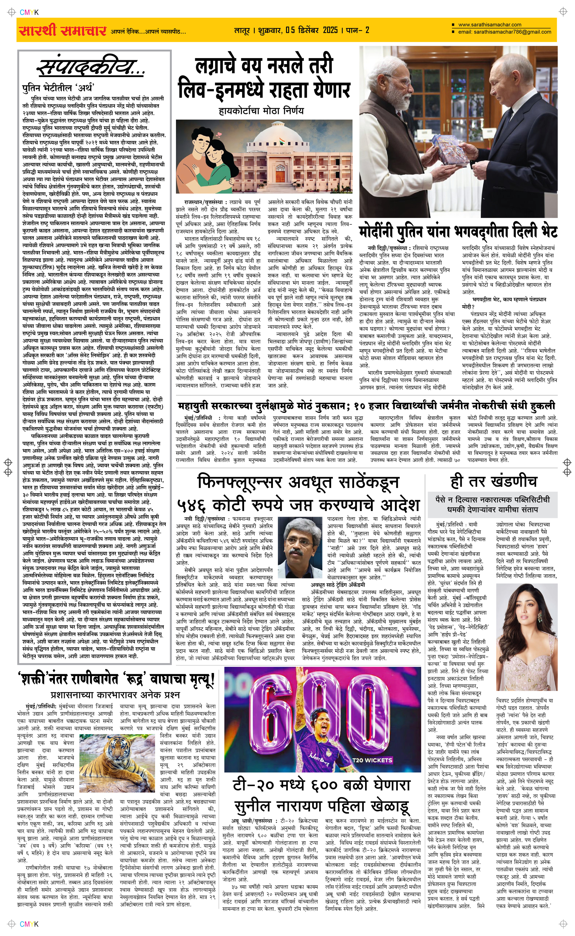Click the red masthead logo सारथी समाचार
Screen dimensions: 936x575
62,30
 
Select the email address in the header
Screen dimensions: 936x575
505,32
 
